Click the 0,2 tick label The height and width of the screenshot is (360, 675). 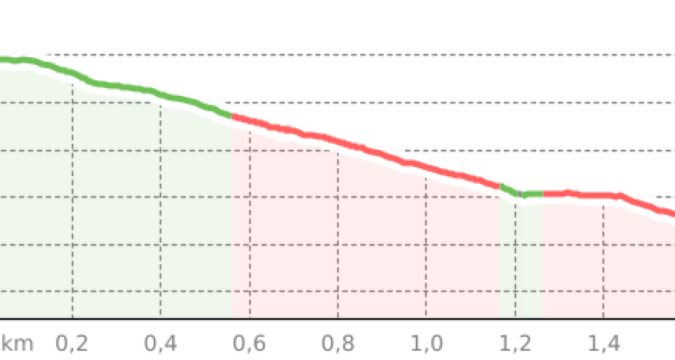(72, 344)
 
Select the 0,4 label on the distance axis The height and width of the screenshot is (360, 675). (161, 344)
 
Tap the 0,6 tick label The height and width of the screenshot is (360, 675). (249, 344)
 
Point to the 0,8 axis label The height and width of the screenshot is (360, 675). (338, 344)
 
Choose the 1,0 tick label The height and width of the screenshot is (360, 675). (427, 344)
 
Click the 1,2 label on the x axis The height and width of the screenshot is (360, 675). (516, 344)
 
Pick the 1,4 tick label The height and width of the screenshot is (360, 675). (604, 344)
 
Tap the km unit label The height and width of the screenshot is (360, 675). (17, 344)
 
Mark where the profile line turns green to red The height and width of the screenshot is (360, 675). (231, 116)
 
